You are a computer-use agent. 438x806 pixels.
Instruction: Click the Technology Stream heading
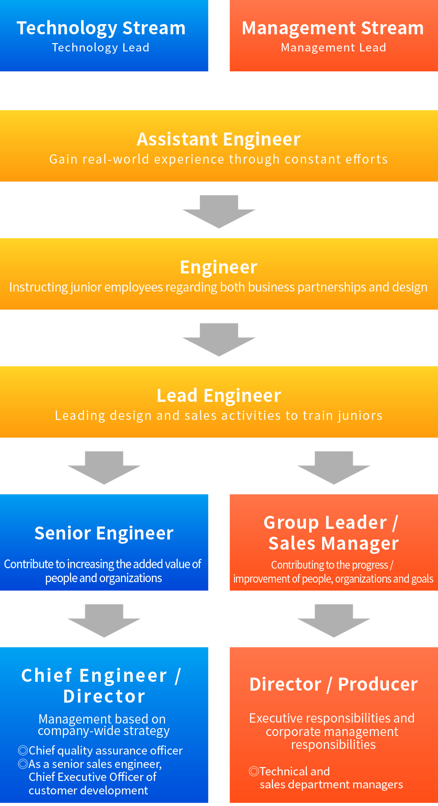click(x=101, y=28)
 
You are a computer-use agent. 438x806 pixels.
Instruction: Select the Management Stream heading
click(x=333, y=28)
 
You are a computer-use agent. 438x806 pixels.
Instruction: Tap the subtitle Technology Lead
click(x=101, y=48)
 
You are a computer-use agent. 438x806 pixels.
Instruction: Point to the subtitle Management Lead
click(x=333, y=48)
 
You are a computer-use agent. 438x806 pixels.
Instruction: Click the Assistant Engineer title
click(x=219, y=140)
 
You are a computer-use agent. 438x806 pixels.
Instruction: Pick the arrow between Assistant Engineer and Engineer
click(x=219, y=211)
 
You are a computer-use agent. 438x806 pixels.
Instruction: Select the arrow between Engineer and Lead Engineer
click(x=219, y=339)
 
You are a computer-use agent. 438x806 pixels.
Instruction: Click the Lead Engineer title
click(x=219, y=396)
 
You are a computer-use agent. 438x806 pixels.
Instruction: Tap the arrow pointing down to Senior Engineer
click(x=104, y=467)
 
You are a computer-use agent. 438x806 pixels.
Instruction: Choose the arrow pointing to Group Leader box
click(x=334, y=467)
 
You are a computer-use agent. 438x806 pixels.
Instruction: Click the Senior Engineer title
click(x=104, y=533)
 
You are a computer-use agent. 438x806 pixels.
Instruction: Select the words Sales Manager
click(x=334, y=544)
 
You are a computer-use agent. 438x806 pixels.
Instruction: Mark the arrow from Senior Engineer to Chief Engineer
click(x=104, y=620)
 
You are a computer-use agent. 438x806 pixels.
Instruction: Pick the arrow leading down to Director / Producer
click(x=334, y=620)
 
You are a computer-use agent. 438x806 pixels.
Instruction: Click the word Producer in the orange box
click(x=378, y=685)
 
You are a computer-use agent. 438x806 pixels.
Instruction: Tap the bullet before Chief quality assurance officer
click(x=23, y=750)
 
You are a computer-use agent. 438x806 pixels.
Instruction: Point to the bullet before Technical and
click(x=254, y=771)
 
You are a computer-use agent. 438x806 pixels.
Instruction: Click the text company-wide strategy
click(x=104, y=731)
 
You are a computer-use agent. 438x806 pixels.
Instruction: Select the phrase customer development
click(x=88, y=791)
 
